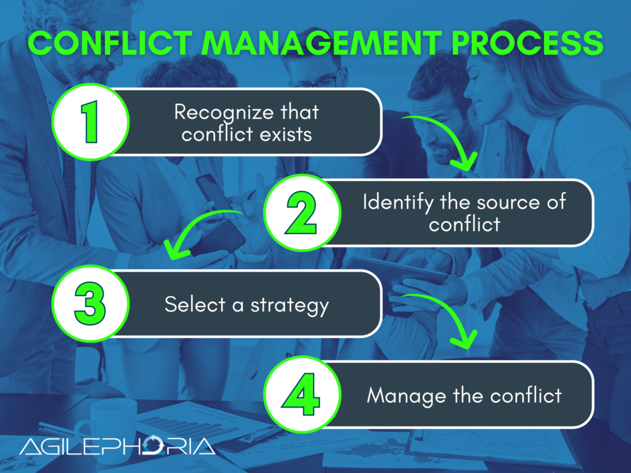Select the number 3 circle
(91, 304)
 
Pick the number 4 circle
(302, 395)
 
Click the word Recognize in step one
(211, 111)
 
